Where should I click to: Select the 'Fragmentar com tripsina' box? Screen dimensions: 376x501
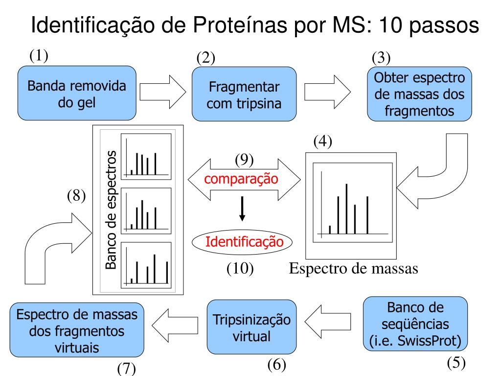tap(244, 94)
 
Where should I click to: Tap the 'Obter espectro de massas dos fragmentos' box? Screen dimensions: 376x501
tap(419, 94)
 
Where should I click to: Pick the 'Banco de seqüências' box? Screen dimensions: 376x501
tap(415, 324)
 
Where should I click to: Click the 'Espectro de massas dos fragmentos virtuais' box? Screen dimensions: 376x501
tap(77, 330)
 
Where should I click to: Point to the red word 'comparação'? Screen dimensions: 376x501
tap(241, 179)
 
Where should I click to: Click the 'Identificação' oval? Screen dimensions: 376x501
tap(242, 241)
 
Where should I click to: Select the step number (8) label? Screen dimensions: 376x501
tap(76, 196)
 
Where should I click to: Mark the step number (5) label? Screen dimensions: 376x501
tap(456, 363)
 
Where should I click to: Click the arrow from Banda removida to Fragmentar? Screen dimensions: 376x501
tap(162, 91)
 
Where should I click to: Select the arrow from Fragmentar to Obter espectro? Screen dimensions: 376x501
tap(327, 91)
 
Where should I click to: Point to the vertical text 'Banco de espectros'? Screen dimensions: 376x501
tap(112, 210)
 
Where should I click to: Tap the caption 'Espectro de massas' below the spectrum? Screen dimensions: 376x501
tap(353, 268)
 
